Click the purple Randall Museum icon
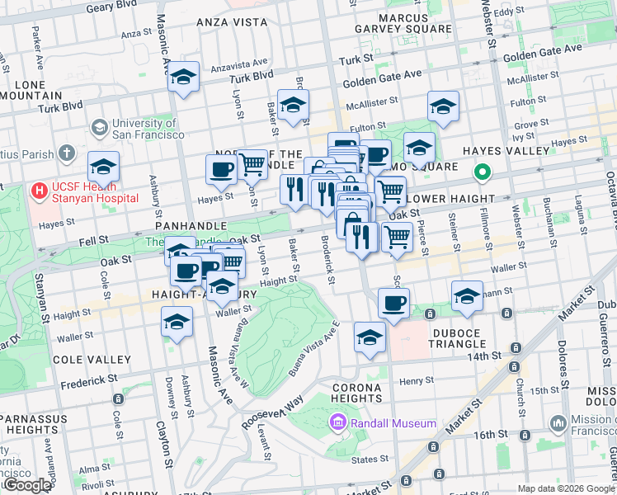tap(337, 423)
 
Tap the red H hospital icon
tap(38, 191)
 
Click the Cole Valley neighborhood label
tap(92, 360)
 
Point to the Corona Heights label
tap(356, 393)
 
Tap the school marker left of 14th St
tap(370, 337)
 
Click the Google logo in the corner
tap(26, 485)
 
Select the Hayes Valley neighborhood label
tap(506, 151)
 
